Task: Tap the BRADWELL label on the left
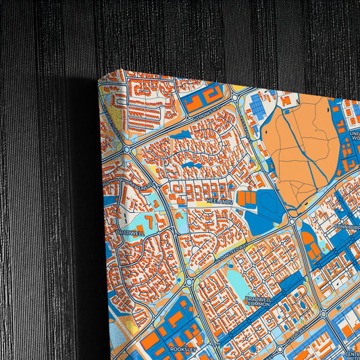coord(130,232)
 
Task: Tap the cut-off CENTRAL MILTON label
coord(352,355)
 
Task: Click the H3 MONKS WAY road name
coord(207,119)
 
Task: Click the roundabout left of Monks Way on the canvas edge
coord(127,148)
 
